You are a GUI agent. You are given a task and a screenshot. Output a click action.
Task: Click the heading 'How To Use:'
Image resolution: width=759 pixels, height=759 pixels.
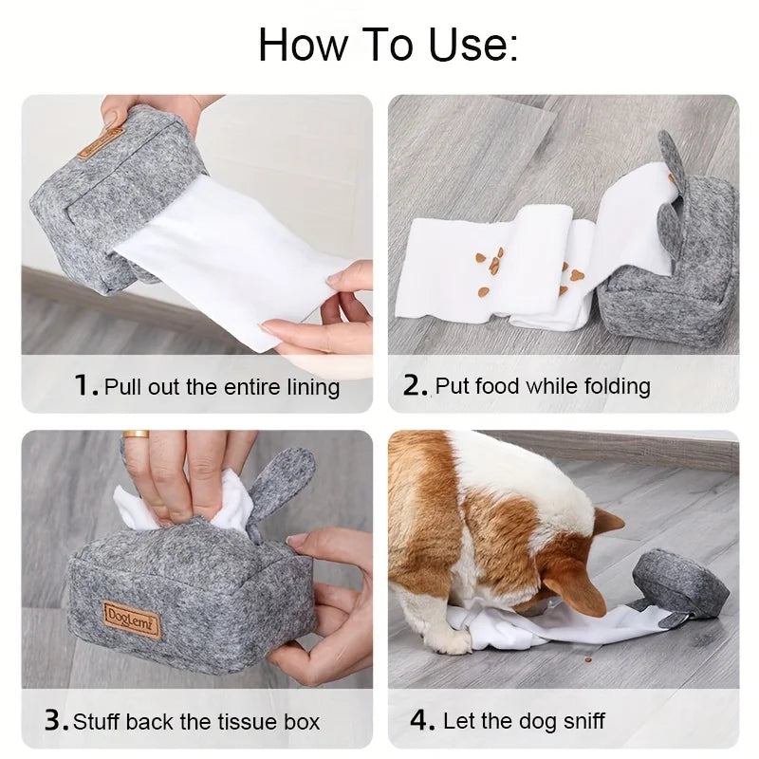pyautogui.click(x=388, y=44)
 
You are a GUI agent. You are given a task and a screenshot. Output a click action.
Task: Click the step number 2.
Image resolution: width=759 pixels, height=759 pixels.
pyautogui.click(x=416, y=385)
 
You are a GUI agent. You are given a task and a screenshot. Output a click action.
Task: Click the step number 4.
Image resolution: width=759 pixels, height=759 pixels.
pyautogui.click(x=422, y=720)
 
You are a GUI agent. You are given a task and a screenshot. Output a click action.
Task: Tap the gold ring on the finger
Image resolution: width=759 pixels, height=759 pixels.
pyautogui.click(x=136, y=435)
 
